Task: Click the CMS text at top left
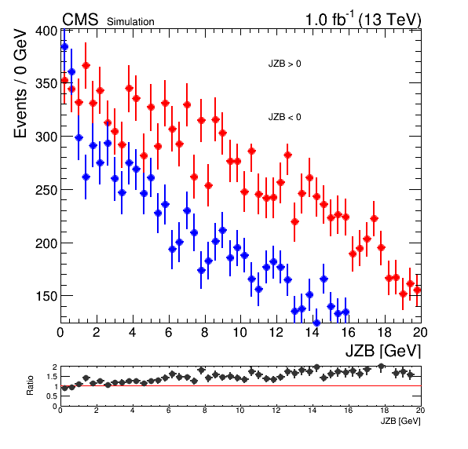[80, 20]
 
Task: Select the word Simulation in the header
[130, 22]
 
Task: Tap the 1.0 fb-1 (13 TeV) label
[363, 20]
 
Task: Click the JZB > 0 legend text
[284, 64]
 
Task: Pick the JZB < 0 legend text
[284, 117]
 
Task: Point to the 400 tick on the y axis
[46, 31]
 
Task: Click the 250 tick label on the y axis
[46, 190]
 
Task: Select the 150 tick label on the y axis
[46, 296]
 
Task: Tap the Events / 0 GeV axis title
[20, 83]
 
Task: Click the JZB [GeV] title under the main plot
[383, 351]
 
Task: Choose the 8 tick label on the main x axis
[204, 332]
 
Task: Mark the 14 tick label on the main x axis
[312, 332]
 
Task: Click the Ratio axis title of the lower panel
[30, 385]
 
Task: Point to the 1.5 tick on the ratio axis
[52, 377]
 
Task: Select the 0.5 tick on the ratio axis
[52, 396]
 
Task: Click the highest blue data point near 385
[64, 46]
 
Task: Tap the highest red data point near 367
[86, 65]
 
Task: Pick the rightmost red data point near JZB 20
[417, 290]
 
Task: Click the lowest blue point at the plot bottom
[316, 323]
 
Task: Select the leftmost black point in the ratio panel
[64, 388]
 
